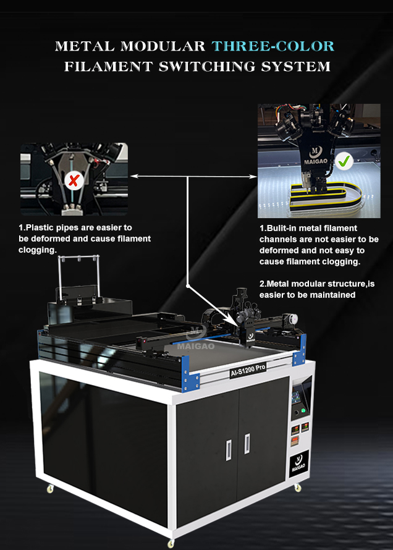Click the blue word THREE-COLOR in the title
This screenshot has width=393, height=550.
[273, 46]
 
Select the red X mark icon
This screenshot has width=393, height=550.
[74, 180]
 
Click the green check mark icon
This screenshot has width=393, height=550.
[344, 161]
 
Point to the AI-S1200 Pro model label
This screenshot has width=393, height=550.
[248, 370]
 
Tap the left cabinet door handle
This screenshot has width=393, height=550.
[229, 450]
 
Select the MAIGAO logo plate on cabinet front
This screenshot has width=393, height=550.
[299, 463]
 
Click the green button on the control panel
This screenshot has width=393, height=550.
[303, 410]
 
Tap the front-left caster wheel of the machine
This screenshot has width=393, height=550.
[51, 488]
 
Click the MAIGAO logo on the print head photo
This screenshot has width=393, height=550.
[316, 155]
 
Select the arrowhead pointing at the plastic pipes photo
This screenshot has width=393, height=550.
[133, 176]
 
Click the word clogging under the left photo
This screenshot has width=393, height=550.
[38, 250]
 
